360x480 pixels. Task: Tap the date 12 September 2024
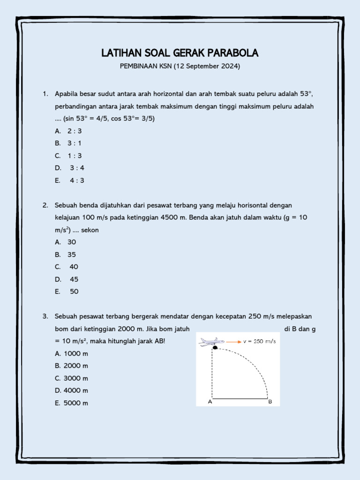[207, 67]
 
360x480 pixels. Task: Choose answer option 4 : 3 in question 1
[77, 180]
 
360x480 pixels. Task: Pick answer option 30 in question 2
[72, 242]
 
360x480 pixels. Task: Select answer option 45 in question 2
[74, 279]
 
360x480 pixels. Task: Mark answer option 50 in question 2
[74, 292]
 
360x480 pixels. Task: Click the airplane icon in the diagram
[210, 342]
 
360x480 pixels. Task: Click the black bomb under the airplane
[215, 347]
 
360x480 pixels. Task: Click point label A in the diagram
[210, 402]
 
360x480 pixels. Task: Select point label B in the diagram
[270, 402]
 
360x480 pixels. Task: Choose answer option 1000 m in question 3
[76, 353]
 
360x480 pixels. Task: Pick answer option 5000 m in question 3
[76, 403]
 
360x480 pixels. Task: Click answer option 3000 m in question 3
[76, 378]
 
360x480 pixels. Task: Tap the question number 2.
[45, 205]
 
